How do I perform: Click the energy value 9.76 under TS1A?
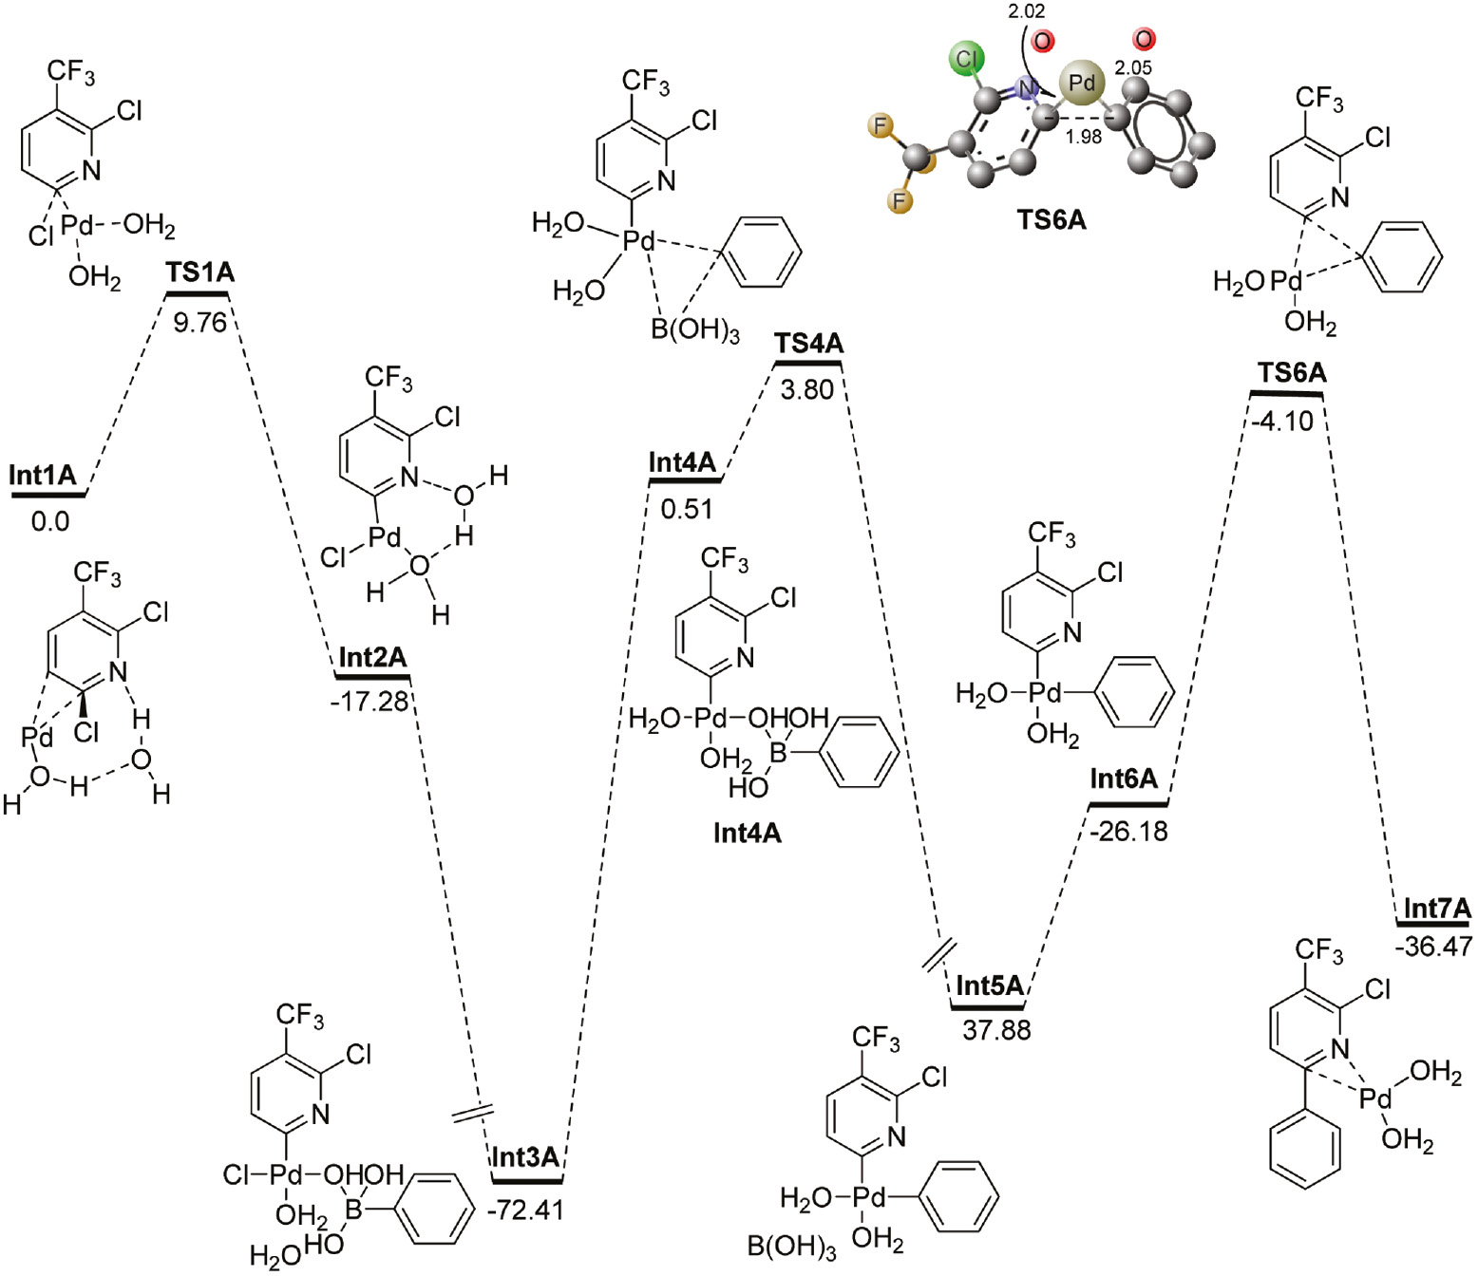199,323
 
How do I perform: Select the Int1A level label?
43,475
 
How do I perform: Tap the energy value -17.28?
369,702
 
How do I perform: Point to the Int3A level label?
525,1157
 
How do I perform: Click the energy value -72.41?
525,1210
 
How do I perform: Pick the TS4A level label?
808,344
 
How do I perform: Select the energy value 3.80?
807,389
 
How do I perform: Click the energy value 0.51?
687,509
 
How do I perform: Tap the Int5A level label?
990,985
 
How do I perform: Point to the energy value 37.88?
996,1030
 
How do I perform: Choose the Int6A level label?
1124,779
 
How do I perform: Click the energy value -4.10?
1282,421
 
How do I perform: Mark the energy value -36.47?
1433,947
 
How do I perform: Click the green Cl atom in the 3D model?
967,59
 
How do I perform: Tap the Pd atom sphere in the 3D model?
1082,84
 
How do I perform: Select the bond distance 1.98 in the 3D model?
1083,137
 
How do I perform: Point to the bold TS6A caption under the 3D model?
1052,220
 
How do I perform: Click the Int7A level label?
1436,910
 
